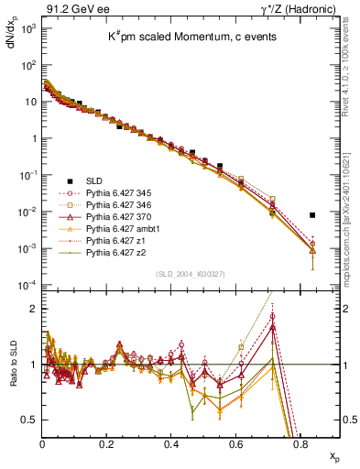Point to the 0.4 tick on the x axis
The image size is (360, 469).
pyautogui.click(x=171, y=443)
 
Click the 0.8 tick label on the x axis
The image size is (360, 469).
pyautogui.click(x=300, y=443)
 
